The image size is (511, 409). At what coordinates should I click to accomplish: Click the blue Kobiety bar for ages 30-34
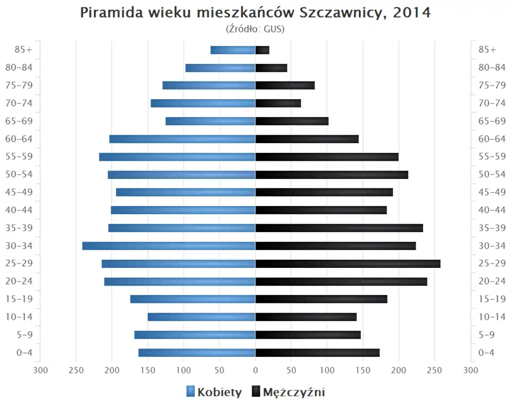point(169,246)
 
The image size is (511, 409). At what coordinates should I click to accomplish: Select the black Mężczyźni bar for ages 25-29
point(348,264)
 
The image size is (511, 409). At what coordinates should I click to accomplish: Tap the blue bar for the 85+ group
point(233,50)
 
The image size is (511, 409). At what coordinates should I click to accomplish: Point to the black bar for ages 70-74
point(278,103)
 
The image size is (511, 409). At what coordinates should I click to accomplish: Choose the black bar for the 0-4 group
point(317,353)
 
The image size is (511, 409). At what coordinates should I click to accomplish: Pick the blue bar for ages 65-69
point(210,121)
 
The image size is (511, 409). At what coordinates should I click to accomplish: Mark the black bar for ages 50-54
point(332,175)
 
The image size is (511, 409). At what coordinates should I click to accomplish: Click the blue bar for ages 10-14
point(201,317)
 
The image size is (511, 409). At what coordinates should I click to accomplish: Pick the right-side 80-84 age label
point(492,68)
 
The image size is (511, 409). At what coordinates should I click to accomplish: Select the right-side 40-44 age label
point(492,210)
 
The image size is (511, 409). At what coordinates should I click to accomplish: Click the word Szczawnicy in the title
point(341,13)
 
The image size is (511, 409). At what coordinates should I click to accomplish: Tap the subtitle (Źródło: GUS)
point(256,29)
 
